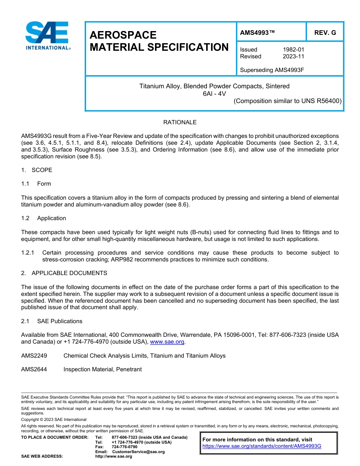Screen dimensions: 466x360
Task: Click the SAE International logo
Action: (x=47, y=36)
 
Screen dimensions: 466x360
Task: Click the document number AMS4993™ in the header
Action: (x=257, y=33)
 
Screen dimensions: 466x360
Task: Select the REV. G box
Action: (x=325, y=33)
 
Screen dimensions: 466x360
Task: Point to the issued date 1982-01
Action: (x=293, y=50)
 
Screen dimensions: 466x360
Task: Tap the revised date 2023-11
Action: (x=293, y=56)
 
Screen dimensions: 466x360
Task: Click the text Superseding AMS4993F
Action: (x=272, y=70)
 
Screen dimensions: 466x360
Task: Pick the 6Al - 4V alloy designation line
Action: (x=214, y=94)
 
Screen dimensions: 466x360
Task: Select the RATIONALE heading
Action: (x=180, y=122)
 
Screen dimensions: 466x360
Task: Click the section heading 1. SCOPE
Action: (x=37, y=170)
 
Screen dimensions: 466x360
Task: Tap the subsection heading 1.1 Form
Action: (x=36, y=184)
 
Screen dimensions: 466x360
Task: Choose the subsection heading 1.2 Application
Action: (x=44, y=218)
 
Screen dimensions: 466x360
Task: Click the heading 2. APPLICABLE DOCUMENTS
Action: (x=64, y=273)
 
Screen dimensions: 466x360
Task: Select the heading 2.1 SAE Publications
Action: (x=52, y=321)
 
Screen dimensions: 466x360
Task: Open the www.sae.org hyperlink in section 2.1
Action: (x=167, y=342)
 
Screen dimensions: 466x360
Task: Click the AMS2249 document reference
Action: (x=34, y=356)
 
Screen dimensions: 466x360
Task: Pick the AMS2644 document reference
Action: (x=34, y=369)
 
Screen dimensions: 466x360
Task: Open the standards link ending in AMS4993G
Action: (x=261, y=446)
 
